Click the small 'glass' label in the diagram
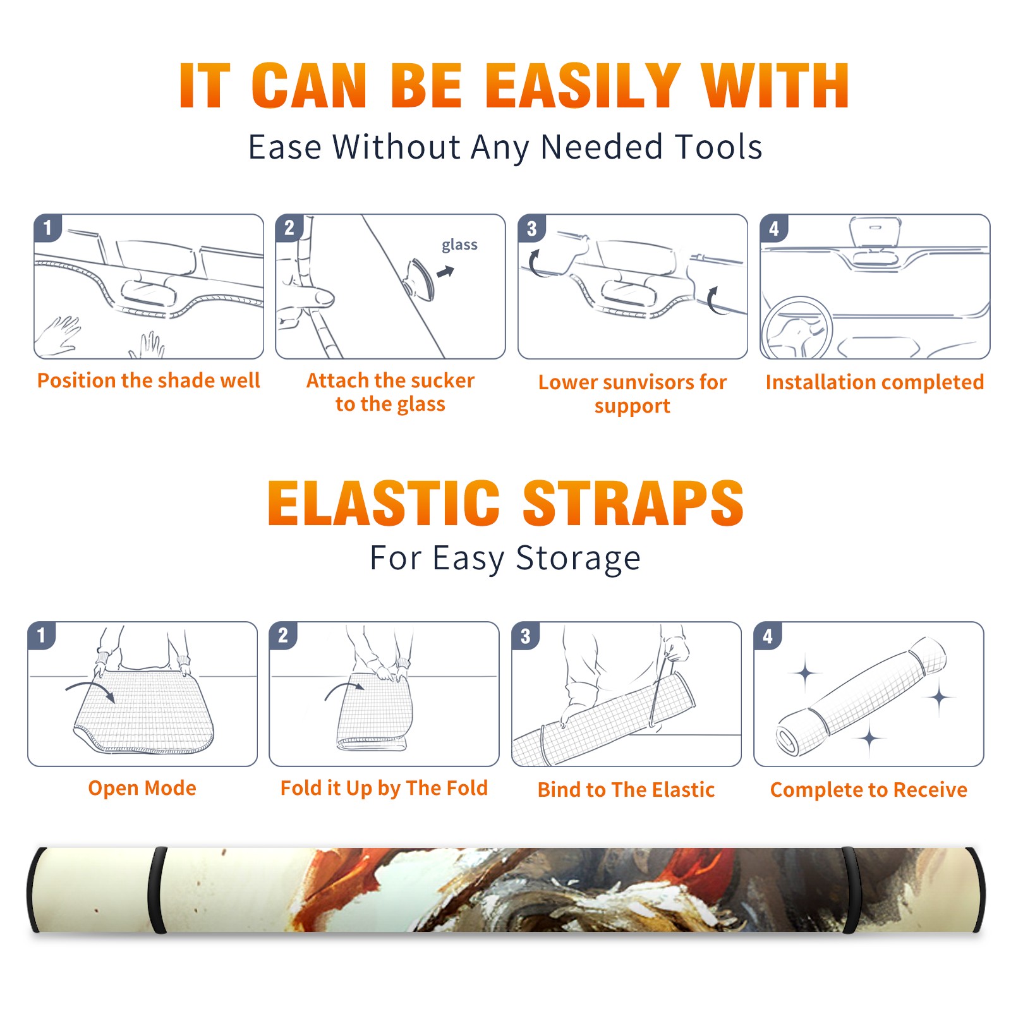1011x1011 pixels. [459, 245]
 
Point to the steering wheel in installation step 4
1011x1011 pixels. [797, 328]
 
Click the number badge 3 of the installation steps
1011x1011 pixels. [531, 229]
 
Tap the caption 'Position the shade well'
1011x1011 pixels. [148, 380]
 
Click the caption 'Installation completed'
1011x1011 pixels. [875, 382]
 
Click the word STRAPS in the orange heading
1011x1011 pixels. [633, 503]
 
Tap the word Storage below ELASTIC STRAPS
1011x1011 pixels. [578, 559]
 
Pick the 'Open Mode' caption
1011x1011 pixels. [142, 788]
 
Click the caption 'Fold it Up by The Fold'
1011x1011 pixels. [384, 788]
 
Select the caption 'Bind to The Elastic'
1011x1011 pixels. [626, 790]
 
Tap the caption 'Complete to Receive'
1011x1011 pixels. [869, 790]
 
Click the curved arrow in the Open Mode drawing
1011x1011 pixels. [90, 685]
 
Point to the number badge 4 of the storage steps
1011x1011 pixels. [768, 636]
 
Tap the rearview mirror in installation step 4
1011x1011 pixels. [875, 231]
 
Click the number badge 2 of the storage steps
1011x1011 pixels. [283, 636]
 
